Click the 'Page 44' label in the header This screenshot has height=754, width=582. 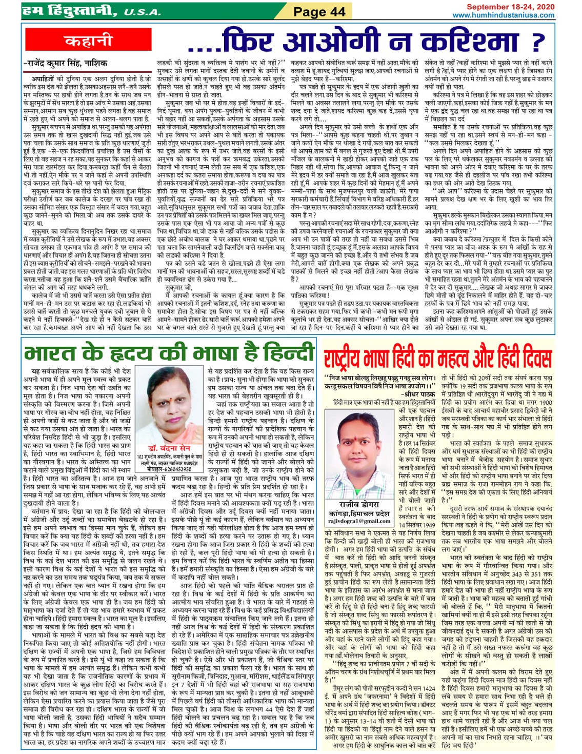click(x=319, y=11)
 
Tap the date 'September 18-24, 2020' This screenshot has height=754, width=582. click(x=510, y=7)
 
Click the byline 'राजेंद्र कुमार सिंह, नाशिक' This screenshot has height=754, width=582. click(x=65, y=64)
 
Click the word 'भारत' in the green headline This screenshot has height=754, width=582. click(x=56, y=354)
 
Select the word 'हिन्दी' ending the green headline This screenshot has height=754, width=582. click(x=287, y=354)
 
